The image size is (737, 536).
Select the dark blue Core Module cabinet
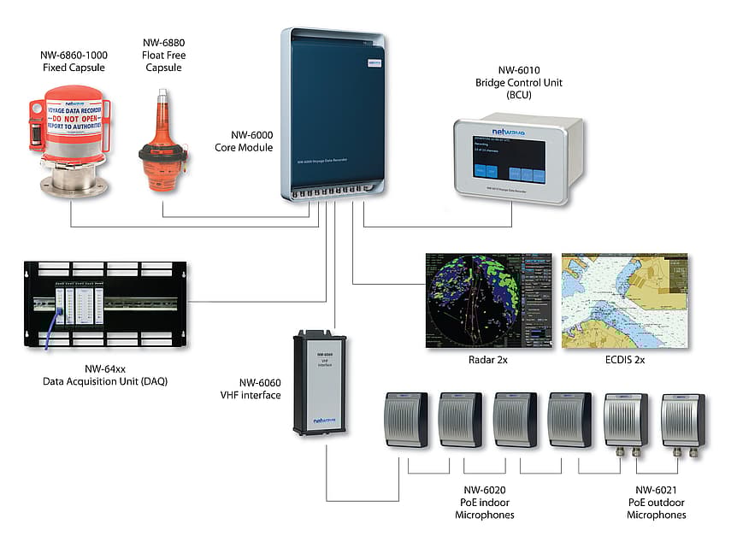click(x=334, y=111)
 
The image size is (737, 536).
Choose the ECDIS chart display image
click(x=624, y=299)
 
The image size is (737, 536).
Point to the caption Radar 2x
click(x=487, y=360)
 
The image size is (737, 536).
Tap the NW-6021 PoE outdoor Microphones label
click(x=656, y=502)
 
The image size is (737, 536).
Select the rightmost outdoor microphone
click(x=682, y=421)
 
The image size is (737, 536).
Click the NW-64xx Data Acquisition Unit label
click(x=105, y=374)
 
